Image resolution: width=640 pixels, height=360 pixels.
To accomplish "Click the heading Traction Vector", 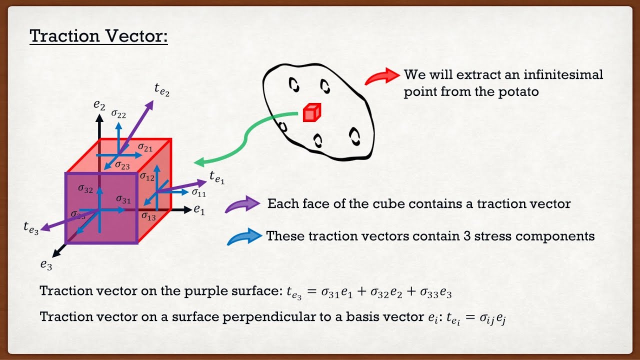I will pyautogui.click(x=98, y=36).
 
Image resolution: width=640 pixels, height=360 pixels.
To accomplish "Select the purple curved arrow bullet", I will pyautogui.click(x=242, y=204).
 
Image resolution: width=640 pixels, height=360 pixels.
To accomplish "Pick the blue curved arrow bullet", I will pyautogui.click(x=244, y=236).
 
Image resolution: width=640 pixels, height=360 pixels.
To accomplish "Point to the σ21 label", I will pyautogui.click(x=145, y=147).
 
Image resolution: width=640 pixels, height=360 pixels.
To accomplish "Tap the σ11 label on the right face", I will pyautogui.click(x=198, y=192).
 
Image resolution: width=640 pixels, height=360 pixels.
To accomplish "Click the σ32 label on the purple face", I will pyautogui.click(x=85, y=188).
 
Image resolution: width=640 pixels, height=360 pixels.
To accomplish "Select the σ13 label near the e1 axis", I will pyautogui.click(x=148, y=216).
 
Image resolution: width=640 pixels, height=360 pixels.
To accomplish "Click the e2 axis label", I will pyautogui.click(x=99, y=105).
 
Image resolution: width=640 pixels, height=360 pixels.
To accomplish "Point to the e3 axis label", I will pyautogui.click(x=46, y=265).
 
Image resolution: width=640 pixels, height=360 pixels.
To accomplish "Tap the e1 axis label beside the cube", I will pyautogui.click(x=199, y=210).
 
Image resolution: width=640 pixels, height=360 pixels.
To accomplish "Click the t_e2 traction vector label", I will pyautogui.click(x=162, y=90).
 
